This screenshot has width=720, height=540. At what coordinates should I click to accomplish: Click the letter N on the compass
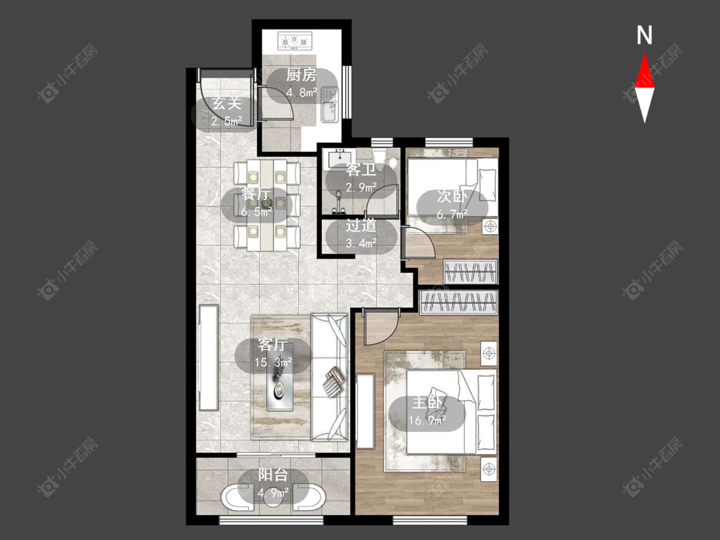(644, 35)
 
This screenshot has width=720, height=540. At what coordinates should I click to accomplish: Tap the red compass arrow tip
(644, 53)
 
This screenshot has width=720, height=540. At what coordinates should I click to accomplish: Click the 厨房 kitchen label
(301, 74)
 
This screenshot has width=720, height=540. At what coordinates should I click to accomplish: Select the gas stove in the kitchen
(294, 40)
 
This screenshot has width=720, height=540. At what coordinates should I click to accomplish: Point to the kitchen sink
(329, 105)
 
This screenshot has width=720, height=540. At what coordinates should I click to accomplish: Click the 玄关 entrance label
(227, 103)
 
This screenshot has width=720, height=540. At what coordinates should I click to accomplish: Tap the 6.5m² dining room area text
(256, 212)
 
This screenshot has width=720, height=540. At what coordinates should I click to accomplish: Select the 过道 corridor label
(361, 225)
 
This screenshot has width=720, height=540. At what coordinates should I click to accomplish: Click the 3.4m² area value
(361, 243)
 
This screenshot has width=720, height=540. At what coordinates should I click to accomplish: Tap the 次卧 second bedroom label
(452, 196)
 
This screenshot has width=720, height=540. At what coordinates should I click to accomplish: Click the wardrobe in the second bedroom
(470, 271)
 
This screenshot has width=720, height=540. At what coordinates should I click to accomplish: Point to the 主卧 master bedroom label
(427, 402)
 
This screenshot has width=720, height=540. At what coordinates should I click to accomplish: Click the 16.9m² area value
(427, 420)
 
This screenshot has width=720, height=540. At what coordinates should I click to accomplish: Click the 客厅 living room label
(273, 344)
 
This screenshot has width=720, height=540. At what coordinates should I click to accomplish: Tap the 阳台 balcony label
(273, 475)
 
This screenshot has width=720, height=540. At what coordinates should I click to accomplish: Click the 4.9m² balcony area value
(273, 493)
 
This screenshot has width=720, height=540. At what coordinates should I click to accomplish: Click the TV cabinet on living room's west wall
(209, 358)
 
